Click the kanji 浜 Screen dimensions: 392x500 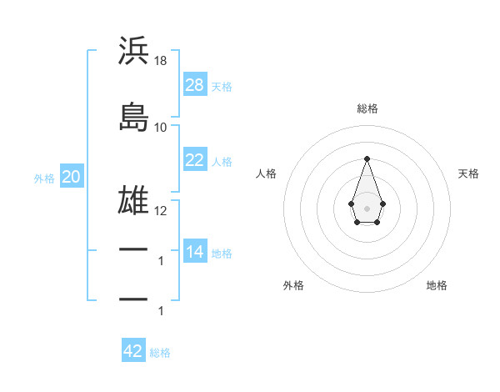pyautogui.click(x=134, y=51)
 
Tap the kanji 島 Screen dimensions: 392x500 pyautogui.click(x=134, y=118)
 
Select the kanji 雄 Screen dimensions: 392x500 pyautogui.click(x=134, y=203)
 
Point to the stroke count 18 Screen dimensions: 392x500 pyautogui.click(x=161, y=61)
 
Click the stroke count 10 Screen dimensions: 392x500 pyautogui.click(x=161, y=128)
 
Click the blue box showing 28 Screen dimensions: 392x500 pyautogui.click(x=195, y=85)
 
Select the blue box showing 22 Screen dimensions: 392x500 pyautogui.click(x=195, y=160)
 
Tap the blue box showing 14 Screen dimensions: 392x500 pyautogui.click(x=195, y=252)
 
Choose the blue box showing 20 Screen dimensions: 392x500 pyautogui.click(x=72, y=177)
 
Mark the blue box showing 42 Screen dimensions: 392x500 pyautogui.click(x=133, y=351)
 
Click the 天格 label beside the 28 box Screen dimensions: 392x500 pyautogui.click(x=222, y=86)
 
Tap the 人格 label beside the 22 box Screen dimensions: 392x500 pyautogui.click(x=222, y=161)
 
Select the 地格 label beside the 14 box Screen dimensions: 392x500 pyautogui.click(x=222, y=253)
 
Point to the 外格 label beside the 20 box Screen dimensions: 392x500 pyautogui.click(x=44, y=178)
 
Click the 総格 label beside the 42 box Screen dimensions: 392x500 pyautogui.click(x=160, y=352)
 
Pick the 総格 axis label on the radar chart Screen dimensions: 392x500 pyautogui.click(x=367, y=108)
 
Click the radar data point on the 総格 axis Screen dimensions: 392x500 pyautogui.click(x=367, y=158)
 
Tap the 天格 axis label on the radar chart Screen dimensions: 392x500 pyautogui.click(x=468, y=173)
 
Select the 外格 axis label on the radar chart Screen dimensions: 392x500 pyautogui.click(x=293, y=285)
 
